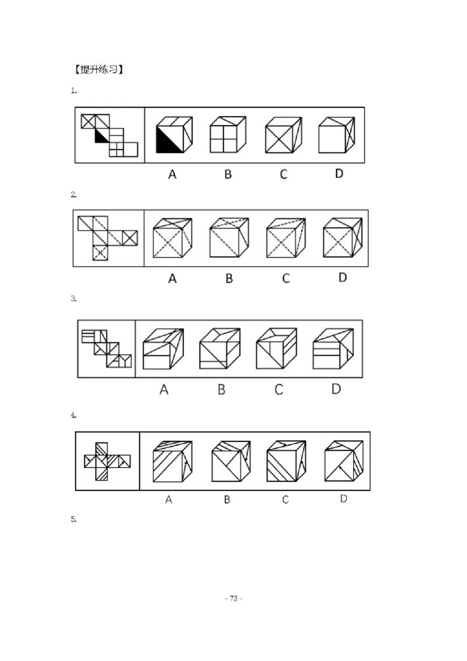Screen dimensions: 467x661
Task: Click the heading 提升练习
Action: (x=99, y=69)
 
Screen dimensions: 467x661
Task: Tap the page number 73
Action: (x=233, y=598)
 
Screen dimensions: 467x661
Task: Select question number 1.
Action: (x=74, y=90)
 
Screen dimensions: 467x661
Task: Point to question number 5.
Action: (x=74, y=519)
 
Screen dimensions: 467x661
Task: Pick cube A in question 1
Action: (x=174, y=134)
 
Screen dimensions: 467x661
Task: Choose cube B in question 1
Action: (x=228, y=134)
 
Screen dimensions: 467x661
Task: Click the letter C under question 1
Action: (x=283, y=174)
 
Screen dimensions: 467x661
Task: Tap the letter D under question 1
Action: (x=339, y=173)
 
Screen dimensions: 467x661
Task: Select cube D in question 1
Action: (x=337, y=134)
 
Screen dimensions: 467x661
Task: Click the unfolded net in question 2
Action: (x=107, y=238)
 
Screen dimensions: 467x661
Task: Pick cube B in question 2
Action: (x=229, y=237)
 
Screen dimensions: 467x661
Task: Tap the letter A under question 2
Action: (x=172, y=278)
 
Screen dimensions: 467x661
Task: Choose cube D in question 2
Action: (x=343, y=237)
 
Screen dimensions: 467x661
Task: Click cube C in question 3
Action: (x=277, y=349)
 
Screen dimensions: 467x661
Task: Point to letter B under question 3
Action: (x=221, y=389)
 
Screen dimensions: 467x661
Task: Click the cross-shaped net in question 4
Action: (x=107, y=461)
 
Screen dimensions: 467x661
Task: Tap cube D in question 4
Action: (x=344, y=461)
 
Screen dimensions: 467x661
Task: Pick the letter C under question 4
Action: (x=285, y=499)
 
